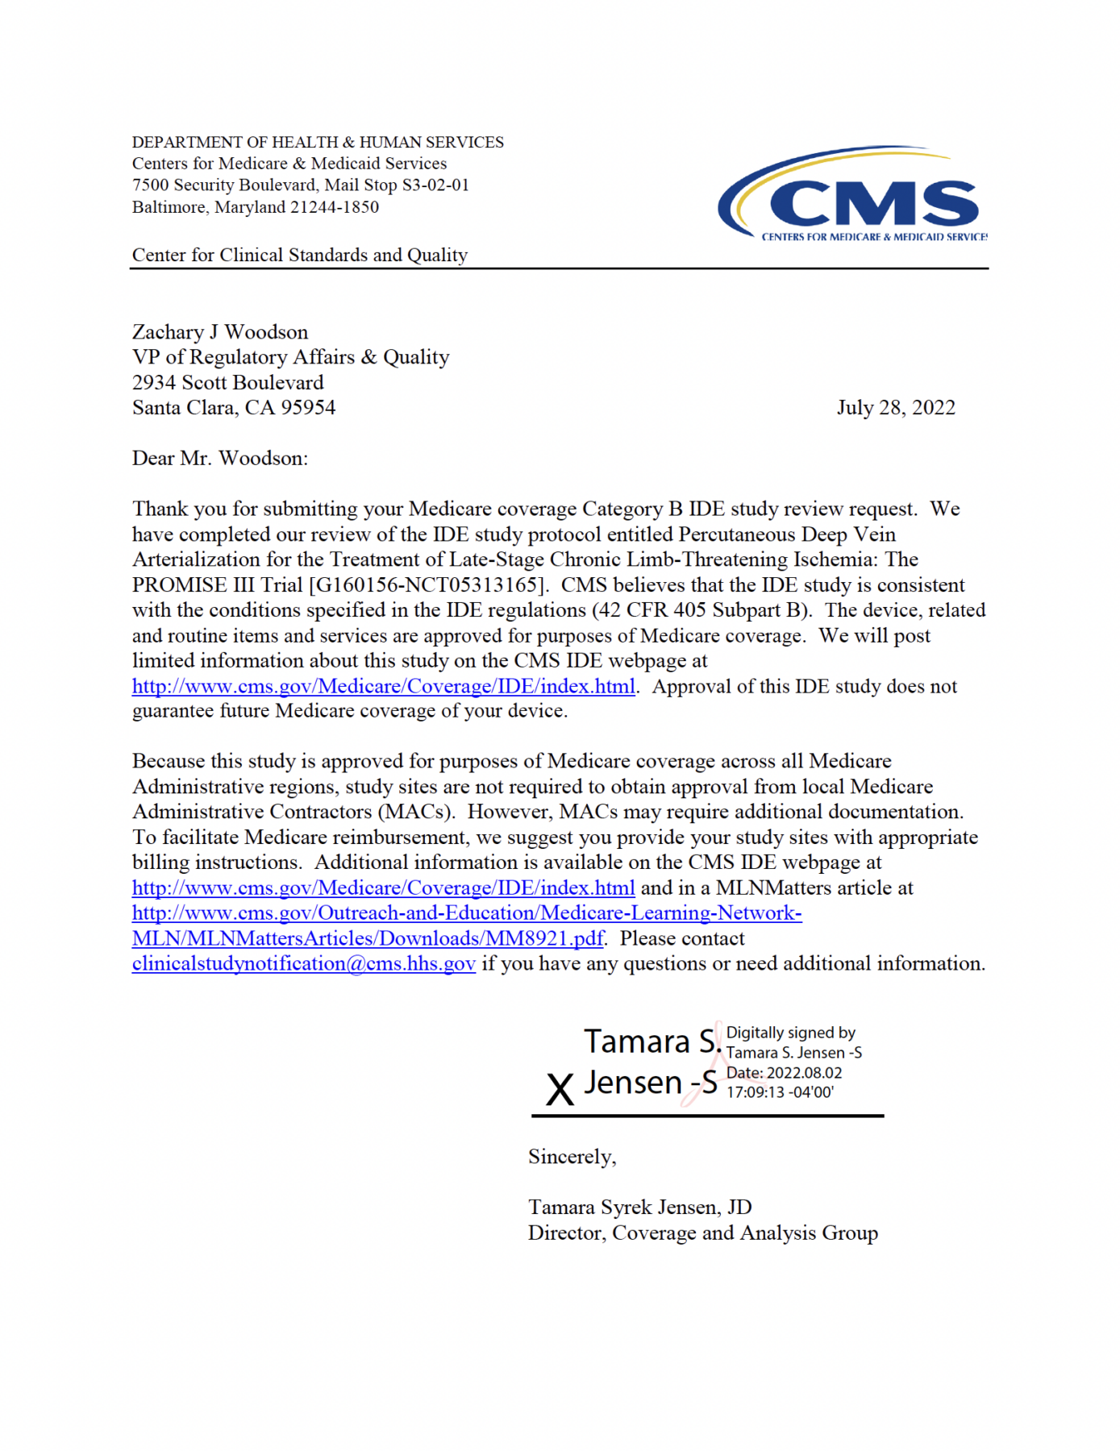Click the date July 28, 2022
[x=895, y=408]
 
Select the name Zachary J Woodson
[x=220, y=332]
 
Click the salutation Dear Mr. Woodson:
[x=220, y=459]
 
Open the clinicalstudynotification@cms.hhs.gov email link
[x=303, y=964]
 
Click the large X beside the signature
[x=560, y=1091]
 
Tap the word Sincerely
[x=571, y=1158]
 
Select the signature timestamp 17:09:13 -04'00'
[x=780, y=1093]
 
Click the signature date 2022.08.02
[x=803, y=1074]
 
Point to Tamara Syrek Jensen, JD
[x=639, y=1208]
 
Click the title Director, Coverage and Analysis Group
[x=702, y=1233]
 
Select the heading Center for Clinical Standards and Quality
[x=300, y=256]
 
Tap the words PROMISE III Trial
[x=218, y=585]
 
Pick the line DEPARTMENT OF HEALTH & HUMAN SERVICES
[x=318, y=143]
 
